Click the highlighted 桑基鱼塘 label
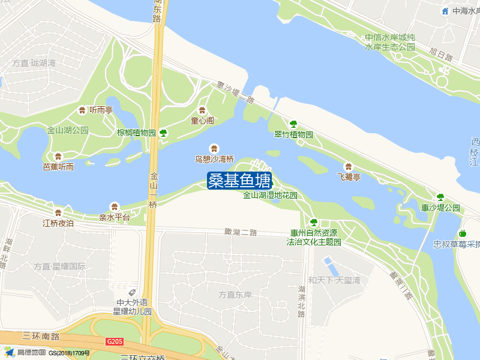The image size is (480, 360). click(239, 181)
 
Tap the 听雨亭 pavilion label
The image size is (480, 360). click(101, 110)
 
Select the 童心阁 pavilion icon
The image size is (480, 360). click(202, 110)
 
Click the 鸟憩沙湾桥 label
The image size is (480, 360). click(214, 159)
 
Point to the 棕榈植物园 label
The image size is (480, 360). click(136, 133)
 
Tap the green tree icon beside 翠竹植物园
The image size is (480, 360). click(293, 124)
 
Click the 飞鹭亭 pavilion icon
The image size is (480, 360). click(348, 166)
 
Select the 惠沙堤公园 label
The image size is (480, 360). click(440, 208)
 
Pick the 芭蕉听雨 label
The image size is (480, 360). click(58, 167)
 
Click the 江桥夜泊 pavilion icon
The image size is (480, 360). click(58, 212)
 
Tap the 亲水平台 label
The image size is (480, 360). click(115, 217)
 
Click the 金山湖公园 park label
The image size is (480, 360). click(68, 130)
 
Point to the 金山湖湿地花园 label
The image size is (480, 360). click(270, 196)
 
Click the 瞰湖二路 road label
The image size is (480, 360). click(241, 232)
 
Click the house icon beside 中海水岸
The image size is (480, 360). click(445, 11)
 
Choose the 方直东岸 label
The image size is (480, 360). click(235, 295)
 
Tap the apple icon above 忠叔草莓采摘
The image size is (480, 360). click(462, 233)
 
